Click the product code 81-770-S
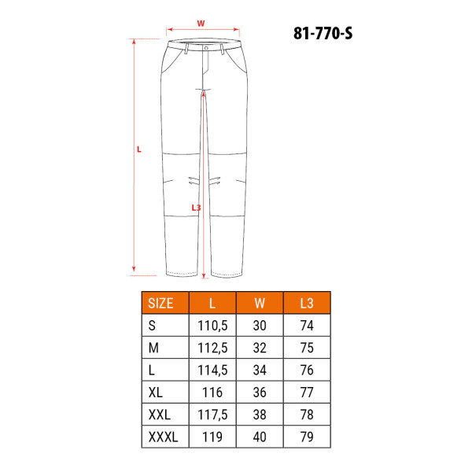pyautogui.click(x=323, y=33)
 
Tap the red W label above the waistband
pyautogui.click(x=201, y=24)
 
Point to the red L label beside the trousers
pyautogui.click(x=138, y=149)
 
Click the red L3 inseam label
pyautogui.click(x=196, y=208)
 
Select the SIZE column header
pyautogui.click(x=160, y=303)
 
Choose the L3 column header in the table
pyautogui.click(x=307, y=303)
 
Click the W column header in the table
pyautogui.click(x=260, y=303)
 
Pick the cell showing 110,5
pyautogui.click(x=212, y=326)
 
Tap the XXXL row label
pyautogui.click(x=163, y=437)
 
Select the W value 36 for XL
pyautogui.click(x=260, y=393)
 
